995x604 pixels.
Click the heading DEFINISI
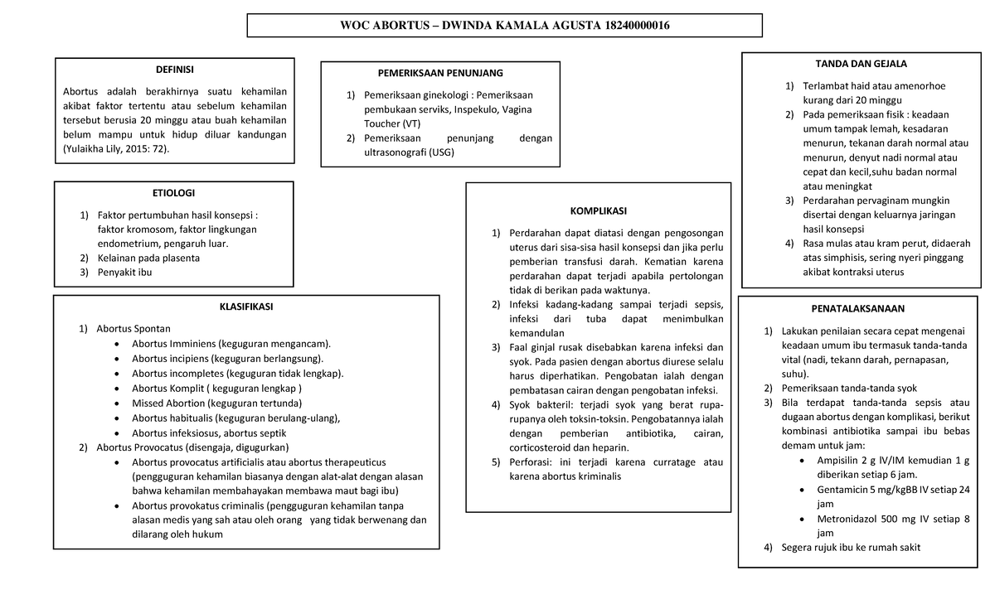[174, 70]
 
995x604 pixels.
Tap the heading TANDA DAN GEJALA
[861, 64]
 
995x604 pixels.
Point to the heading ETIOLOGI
[174, 193]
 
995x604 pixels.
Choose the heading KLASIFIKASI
[246, 307]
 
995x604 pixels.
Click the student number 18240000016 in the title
[633, 26]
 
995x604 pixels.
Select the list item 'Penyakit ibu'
[124, 272]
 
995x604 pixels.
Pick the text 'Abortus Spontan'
[133, 328]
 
